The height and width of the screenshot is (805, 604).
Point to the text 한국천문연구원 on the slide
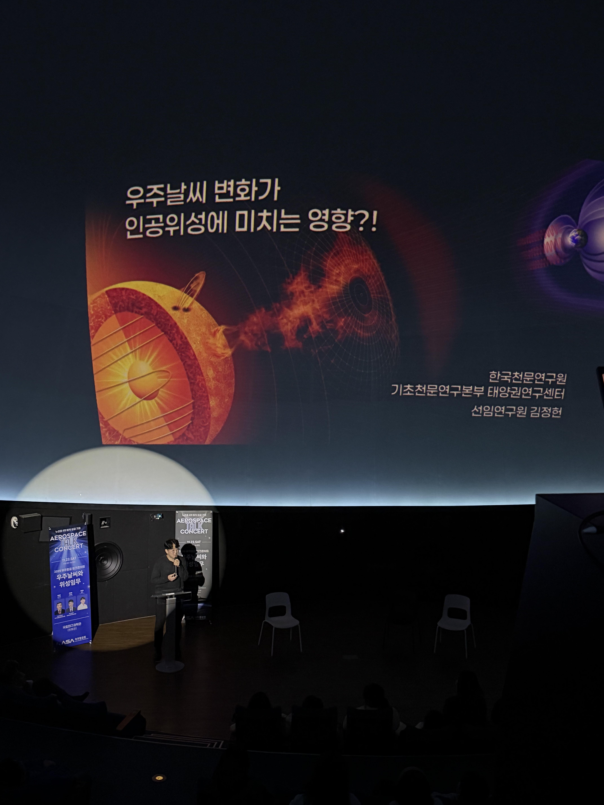click(527, 377)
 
